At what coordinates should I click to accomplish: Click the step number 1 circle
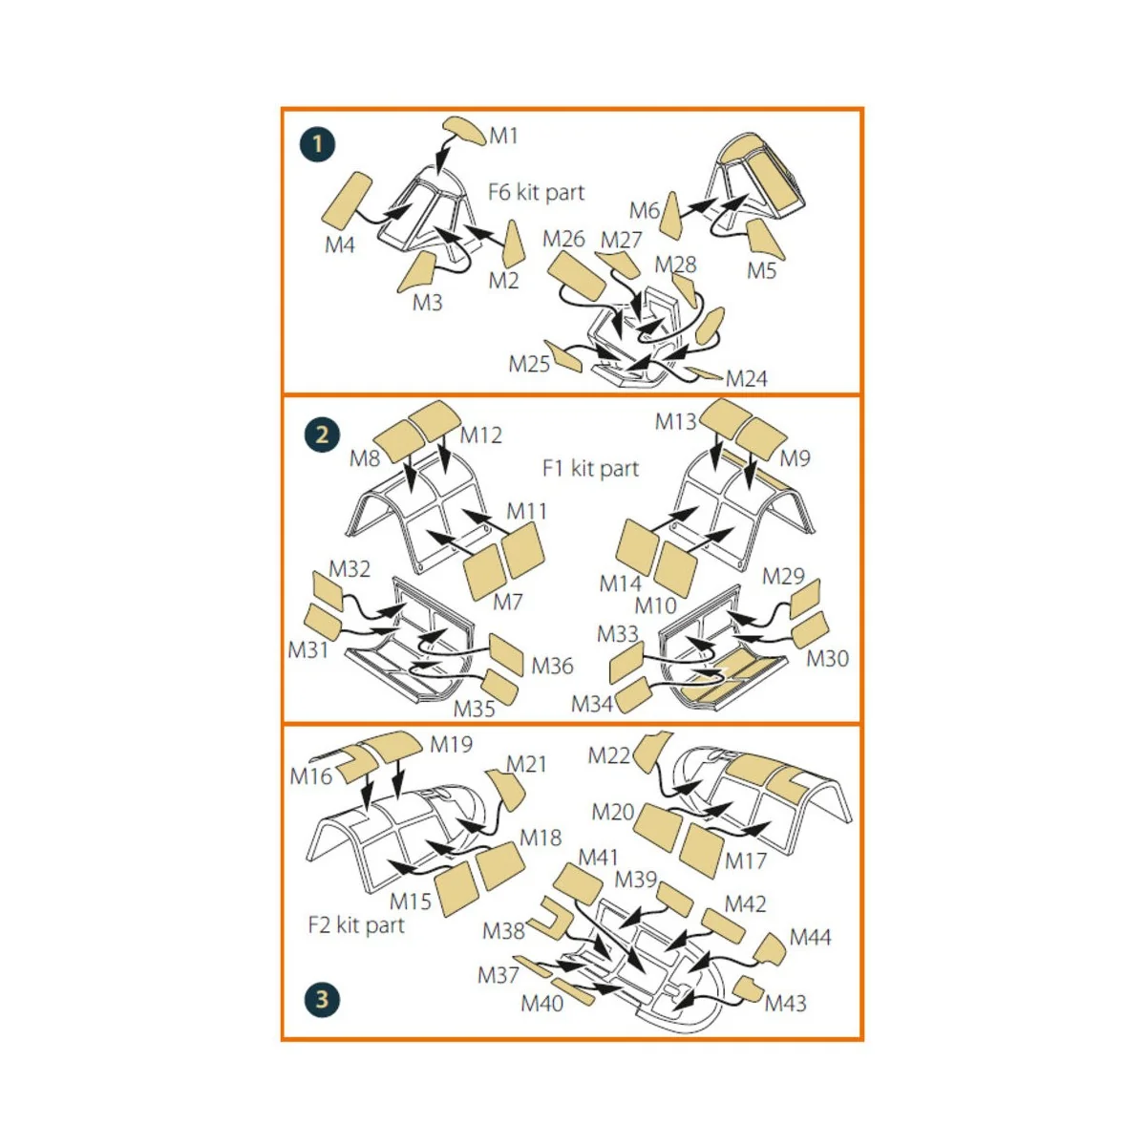[318, 144]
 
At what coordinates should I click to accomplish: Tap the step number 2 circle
[322, 435]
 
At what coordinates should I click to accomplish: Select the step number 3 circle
[322, 999]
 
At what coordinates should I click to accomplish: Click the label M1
[503, 136]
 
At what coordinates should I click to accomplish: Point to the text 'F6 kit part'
[536, 193]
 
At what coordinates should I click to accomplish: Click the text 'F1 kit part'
[590, 469]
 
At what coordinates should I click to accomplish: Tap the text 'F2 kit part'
[356, 924]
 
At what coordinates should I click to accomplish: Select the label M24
[747, 378]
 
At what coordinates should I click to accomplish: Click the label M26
[563, 239]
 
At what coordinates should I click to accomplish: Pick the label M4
[340, 244]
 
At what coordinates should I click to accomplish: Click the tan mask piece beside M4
[347, 201]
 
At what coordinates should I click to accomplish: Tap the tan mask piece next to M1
[465, 131]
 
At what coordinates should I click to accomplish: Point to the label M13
[675, 422]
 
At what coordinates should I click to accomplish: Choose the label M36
[552, 666]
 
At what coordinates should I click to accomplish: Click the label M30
[827, 658]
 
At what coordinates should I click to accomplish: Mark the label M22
[608, 755]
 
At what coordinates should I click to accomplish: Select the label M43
[786, 1004]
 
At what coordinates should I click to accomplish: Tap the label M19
[452, 744]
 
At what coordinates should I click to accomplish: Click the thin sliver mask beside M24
[704, 372]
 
